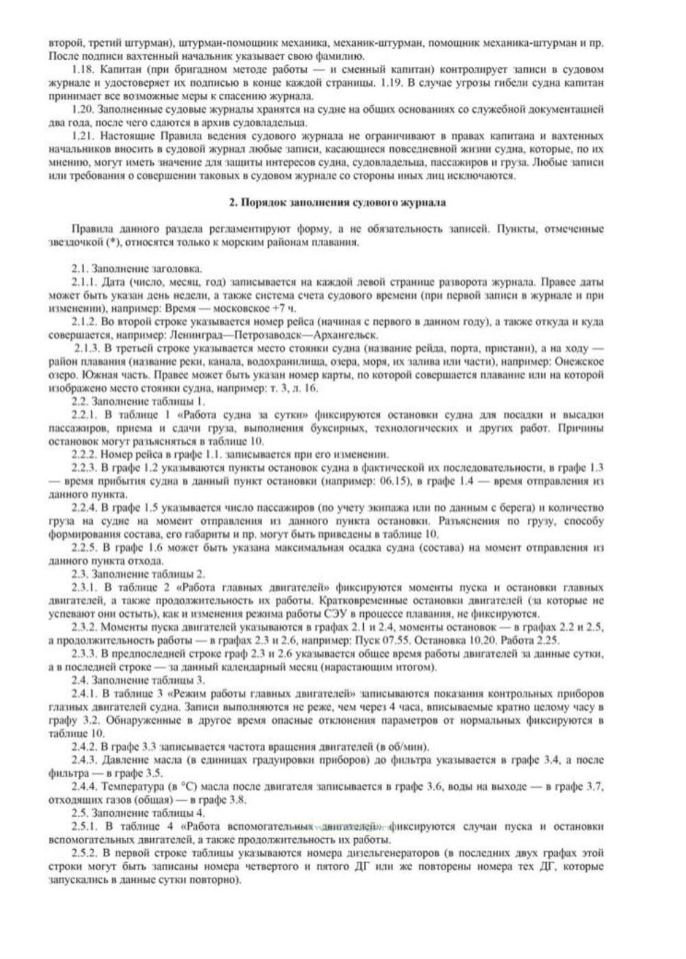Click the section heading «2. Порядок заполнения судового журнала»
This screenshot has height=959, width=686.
[x=338, y=203]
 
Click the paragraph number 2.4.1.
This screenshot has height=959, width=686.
[x=85, y=694]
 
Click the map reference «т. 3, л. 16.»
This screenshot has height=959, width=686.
[x=295, y=388]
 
